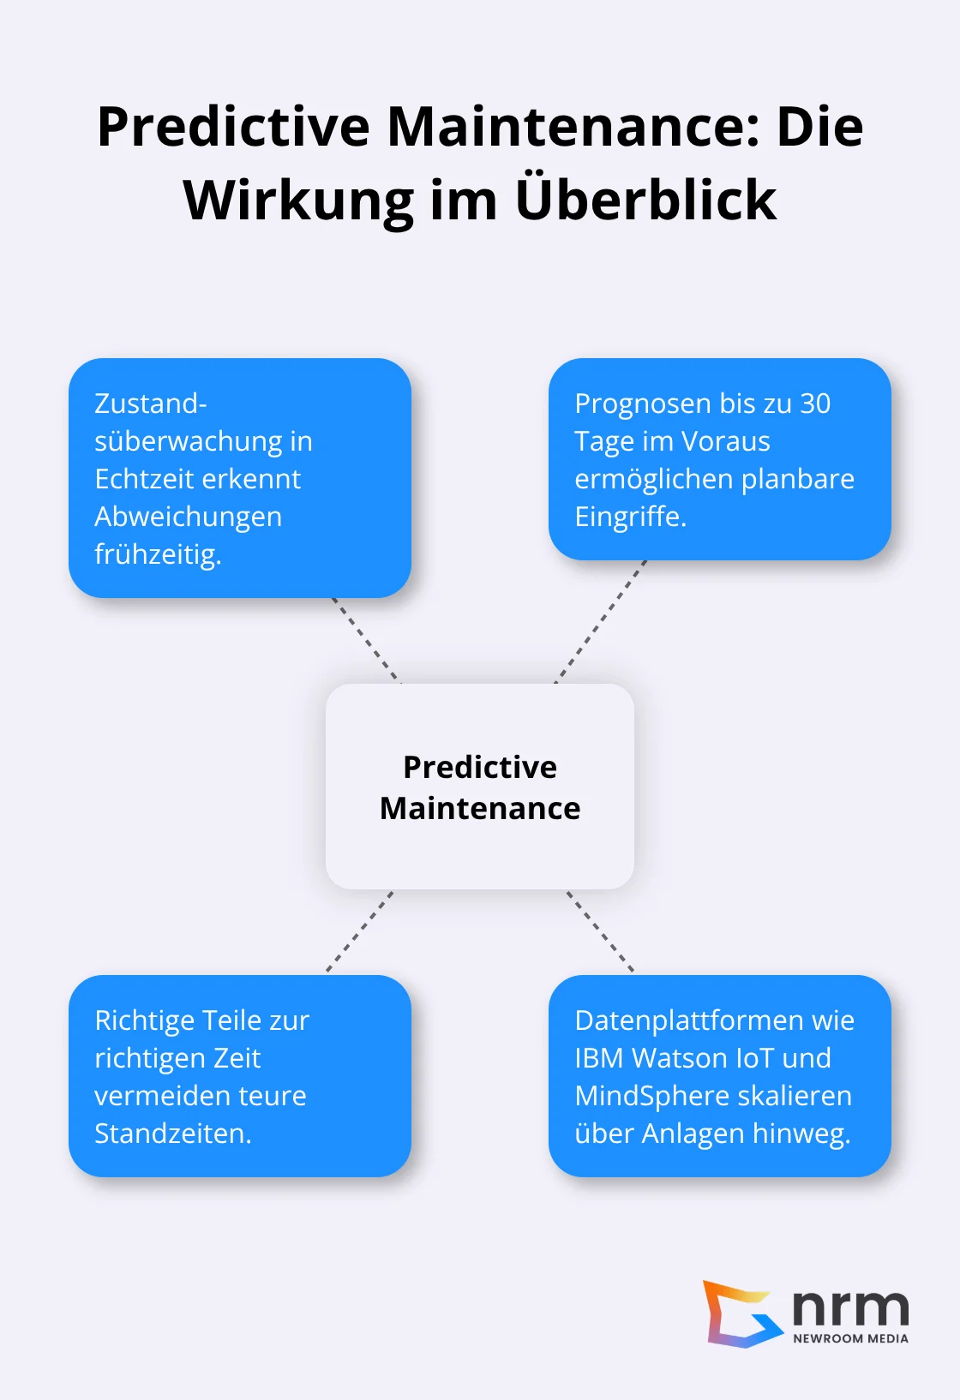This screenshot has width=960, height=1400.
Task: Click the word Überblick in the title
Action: [646, 200]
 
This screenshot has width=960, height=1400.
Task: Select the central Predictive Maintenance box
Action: [480, 787]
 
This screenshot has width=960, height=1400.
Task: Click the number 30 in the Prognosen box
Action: [815, 404]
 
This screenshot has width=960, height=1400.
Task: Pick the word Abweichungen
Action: [188, 517]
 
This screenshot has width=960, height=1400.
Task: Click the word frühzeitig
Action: [158, 554]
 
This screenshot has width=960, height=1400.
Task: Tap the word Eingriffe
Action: [630, 517]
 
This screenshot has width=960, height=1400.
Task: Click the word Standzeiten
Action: [172, 1134]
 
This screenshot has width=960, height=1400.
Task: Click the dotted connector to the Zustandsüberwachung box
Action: [365, 639]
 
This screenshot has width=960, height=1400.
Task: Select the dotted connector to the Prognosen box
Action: [601, 621]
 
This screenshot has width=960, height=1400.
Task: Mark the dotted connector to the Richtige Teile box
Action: [360, 931]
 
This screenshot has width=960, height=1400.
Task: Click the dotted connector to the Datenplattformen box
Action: [600, 931]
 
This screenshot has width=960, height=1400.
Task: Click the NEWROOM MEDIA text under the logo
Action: [850, 1338]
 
